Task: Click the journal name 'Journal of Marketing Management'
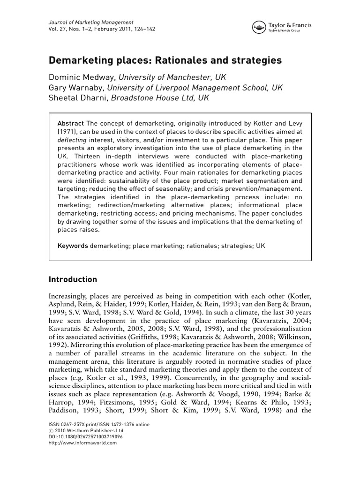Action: (91, 22)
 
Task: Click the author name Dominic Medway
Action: (82, 76)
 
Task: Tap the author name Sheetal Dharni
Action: (77, 98)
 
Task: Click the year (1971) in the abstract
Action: (68, 131)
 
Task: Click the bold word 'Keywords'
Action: (72, 246)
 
